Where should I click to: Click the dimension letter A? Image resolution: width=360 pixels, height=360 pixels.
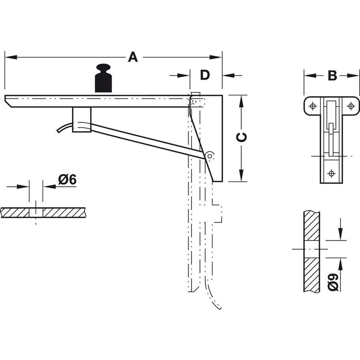click(x=133, y=57)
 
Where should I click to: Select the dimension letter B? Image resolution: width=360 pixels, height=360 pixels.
click(x=332, y=75)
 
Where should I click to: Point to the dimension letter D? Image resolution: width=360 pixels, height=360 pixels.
click(x=205, y=75)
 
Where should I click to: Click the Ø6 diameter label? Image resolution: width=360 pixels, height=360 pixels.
click(x=67, y=180)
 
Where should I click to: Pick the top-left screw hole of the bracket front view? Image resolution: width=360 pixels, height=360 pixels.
click(x=313, y=106)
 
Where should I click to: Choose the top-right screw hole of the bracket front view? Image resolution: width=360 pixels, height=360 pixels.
click(x=351, y=106)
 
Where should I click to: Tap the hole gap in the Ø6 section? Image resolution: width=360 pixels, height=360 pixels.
click(x=36, y=212)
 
